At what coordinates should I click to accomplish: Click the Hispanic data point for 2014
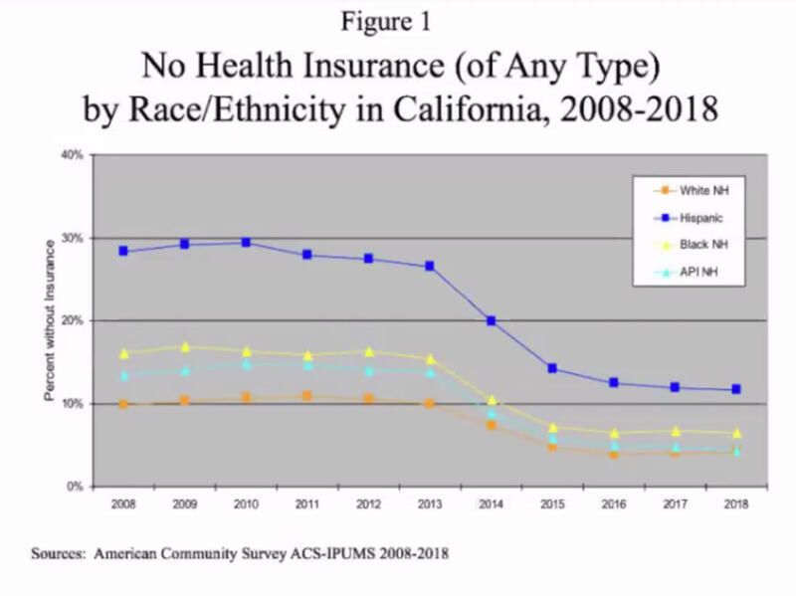(491, 320)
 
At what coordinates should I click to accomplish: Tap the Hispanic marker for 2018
(736, 389)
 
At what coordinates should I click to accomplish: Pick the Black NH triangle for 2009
(185, 346)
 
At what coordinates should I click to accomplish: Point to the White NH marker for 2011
(307, 396)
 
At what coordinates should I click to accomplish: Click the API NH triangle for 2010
(246, 363)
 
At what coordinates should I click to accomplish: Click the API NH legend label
(696, 270)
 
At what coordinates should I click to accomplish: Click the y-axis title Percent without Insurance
(49, 320)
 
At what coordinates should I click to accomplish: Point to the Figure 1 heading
(398, 20)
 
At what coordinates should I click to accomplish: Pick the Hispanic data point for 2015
(552, 368)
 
